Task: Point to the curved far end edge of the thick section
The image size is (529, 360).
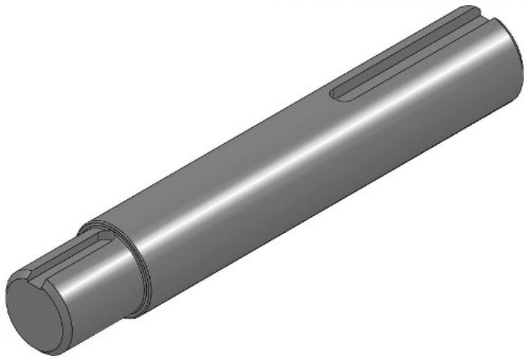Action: [x=519, y=51]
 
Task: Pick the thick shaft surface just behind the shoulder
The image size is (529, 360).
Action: [x=169, y=242]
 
